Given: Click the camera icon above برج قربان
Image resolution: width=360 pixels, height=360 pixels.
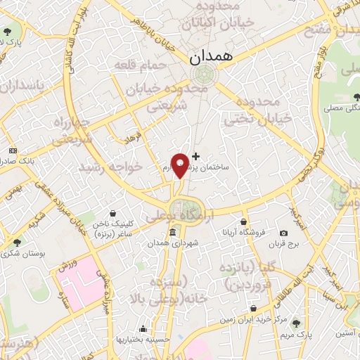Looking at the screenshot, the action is [x=283, y=233].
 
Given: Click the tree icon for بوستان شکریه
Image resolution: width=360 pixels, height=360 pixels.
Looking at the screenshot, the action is [x=16, y=243].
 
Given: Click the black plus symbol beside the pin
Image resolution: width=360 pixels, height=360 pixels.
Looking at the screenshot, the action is [x=195, y=155].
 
